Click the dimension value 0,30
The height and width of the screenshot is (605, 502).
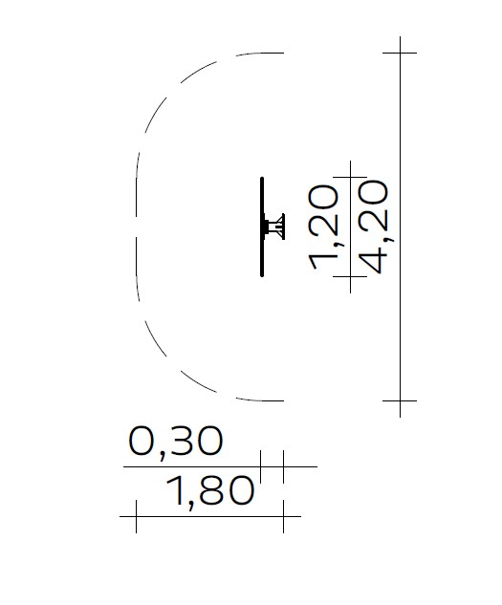176,443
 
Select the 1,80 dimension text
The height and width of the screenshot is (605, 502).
210,491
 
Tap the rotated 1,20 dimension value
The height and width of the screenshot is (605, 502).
324,227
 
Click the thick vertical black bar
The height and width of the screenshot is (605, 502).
262,227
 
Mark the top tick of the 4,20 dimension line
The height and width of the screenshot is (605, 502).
400,53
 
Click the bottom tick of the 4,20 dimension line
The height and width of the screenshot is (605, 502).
400,400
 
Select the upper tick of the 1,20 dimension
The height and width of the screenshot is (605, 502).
350,177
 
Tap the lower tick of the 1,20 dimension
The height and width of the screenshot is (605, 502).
350,276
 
